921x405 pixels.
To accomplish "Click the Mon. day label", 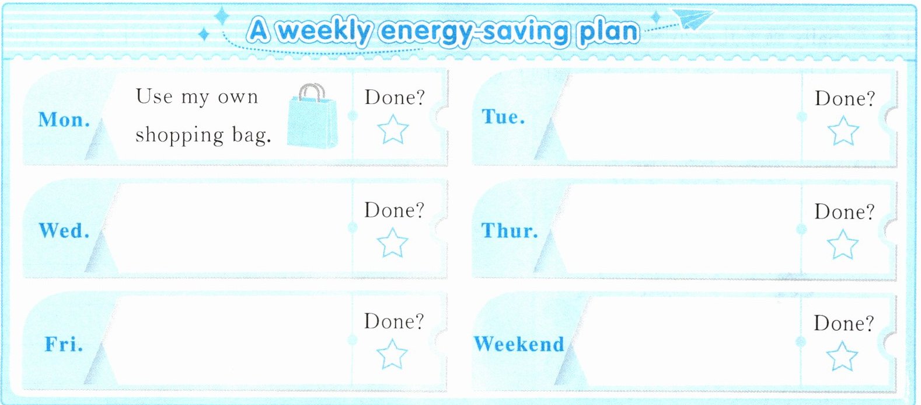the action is (x=64, y=120).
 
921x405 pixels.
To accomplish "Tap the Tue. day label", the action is (x=503, y=116).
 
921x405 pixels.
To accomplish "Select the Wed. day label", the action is (x=64, y=230).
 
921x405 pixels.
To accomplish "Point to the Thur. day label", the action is (x=510, y=230).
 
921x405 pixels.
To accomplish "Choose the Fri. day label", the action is (x=64, y=344).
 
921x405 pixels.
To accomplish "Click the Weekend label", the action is (x=519, y=344).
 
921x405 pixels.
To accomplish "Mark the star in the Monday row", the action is (x=393, y=129).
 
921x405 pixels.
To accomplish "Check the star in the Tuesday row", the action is (x=843, y=130).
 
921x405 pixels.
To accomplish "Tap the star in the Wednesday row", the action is (x=392, y=243).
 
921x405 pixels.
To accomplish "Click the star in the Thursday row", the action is (x=842, y=244).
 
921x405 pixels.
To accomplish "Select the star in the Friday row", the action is (x=392, y=354).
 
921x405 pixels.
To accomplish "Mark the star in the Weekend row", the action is (x=842, y=356).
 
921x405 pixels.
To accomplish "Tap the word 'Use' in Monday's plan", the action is (x=154, y=96).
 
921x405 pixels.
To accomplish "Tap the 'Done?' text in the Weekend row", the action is (x=844, y=323).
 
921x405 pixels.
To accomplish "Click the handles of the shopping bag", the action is (x=312, y=92).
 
